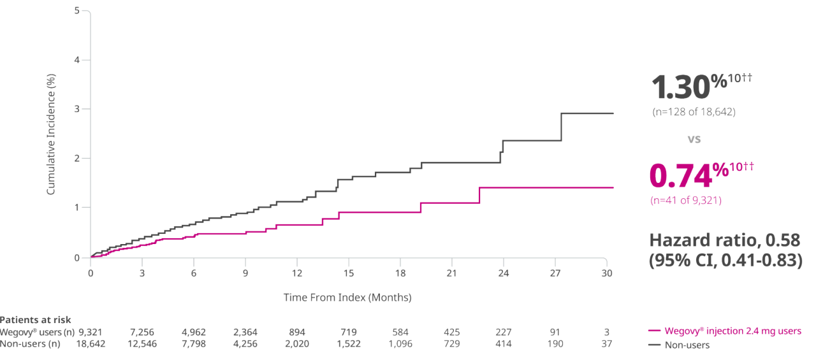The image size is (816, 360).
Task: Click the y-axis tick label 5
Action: [76, 11]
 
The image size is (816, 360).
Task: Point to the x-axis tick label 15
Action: [348, 273]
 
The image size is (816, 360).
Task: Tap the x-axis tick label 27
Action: [555, 273]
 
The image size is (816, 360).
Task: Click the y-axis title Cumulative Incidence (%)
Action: [51, 134]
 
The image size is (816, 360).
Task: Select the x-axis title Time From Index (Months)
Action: [347, 298]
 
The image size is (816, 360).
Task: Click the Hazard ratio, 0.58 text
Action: [724, 240]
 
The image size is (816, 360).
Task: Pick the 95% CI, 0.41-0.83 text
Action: [725, 261]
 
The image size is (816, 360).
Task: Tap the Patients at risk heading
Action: [36, 320]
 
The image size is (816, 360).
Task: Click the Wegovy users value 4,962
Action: [193, 332]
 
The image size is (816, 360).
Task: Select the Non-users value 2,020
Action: [296, 344]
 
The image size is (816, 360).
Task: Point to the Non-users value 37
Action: [606, 344]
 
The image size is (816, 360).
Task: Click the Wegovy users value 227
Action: [503, 332]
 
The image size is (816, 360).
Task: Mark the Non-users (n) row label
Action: [30, 344]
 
